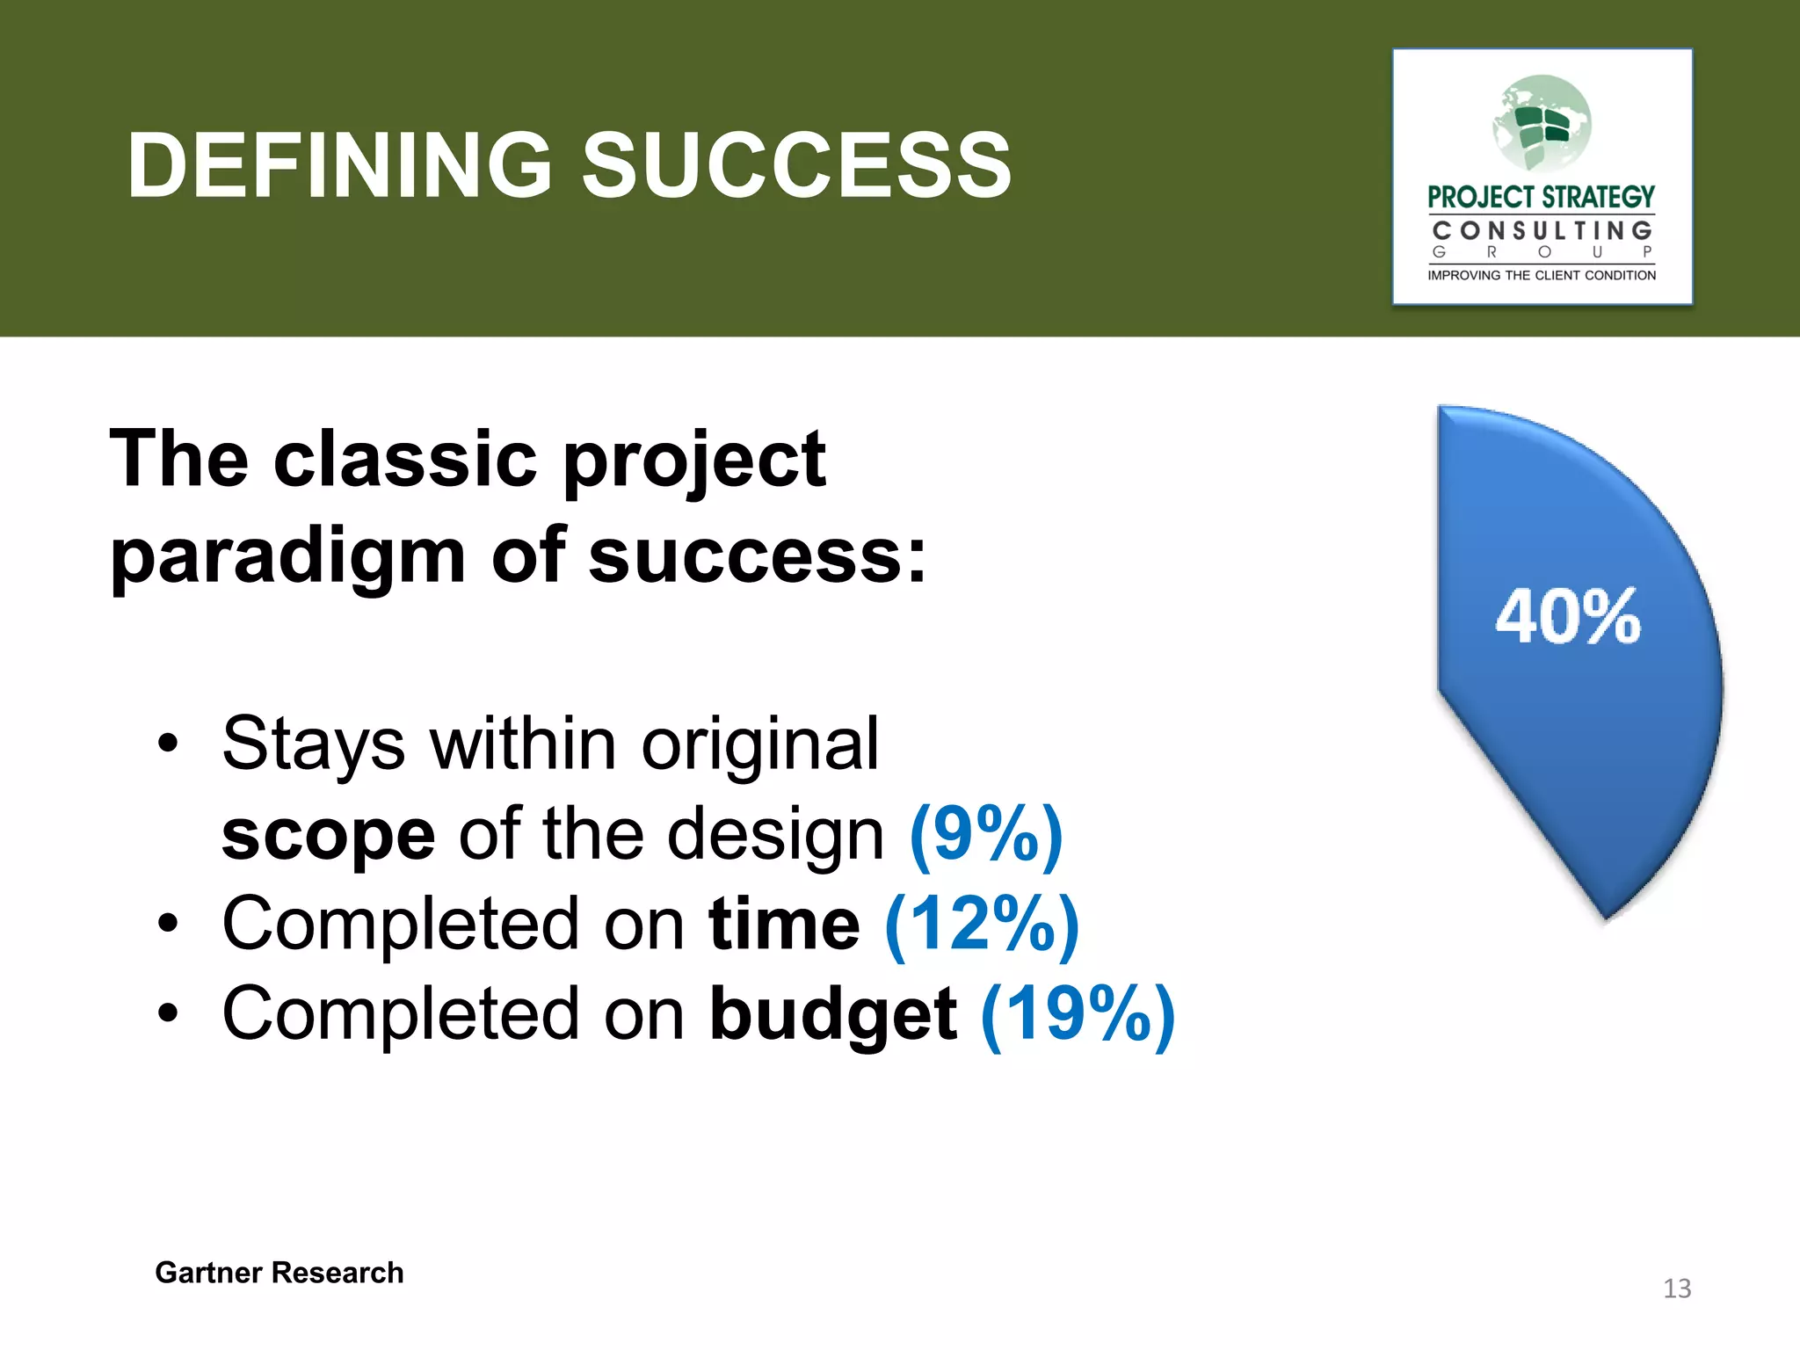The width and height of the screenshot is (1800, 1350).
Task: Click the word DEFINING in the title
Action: click(x=339, y=165)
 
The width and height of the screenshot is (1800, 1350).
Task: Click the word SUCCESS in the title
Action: click(x=796, y=165)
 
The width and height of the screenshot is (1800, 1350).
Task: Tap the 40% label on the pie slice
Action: click(x=1567, y=617)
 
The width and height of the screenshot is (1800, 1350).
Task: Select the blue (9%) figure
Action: click(x=986, y=835)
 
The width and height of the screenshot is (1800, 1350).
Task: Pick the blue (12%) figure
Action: click(x=982, y=925)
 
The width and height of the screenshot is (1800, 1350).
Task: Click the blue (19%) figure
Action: click(x=1078, y=1015)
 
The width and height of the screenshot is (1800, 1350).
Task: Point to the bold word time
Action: click(x=784, y=925)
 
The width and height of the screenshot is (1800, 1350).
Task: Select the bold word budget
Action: click(x=833, y=1015)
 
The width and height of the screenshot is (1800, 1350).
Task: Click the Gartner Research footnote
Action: click(x=279, y=1273)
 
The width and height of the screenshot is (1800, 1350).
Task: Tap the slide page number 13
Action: click(x=1677, y=1288)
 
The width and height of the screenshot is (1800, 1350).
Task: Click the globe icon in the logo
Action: click(x=1542, y=123)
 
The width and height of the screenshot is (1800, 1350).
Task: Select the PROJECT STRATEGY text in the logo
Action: click(x=1541, y=197)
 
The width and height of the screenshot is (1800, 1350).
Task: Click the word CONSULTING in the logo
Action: click(x=1542, y=231)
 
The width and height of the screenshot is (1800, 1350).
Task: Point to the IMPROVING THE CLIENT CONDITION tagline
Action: click(x=1542, y=275)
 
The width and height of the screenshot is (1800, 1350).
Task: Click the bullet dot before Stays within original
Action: click(x=168, y=744)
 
